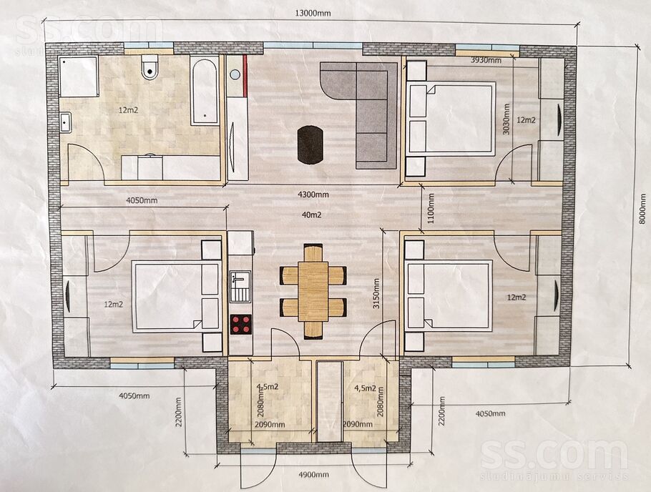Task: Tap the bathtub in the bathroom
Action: pos(205,91)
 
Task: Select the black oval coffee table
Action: pos(310,145)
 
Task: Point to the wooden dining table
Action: pos(313,290)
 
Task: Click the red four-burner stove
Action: pos(241,324)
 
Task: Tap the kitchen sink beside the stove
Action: pos(240,286)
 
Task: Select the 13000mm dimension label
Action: pos(313,13)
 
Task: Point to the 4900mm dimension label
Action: pos(314,475)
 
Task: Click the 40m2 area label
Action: pos(311,215)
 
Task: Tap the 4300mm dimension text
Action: pos(313,194)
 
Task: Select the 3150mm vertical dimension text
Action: pos(376,293)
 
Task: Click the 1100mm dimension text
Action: pos(431,208)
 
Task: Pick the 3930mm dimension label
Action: pos(486,60)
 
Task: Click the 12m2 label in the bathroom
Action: pos(128,110)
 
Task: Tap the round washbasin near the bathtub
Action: pos(235,75)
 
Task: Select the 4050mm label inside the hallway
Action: pos(142,200)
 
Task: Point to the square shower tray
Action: pos(78,77)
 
